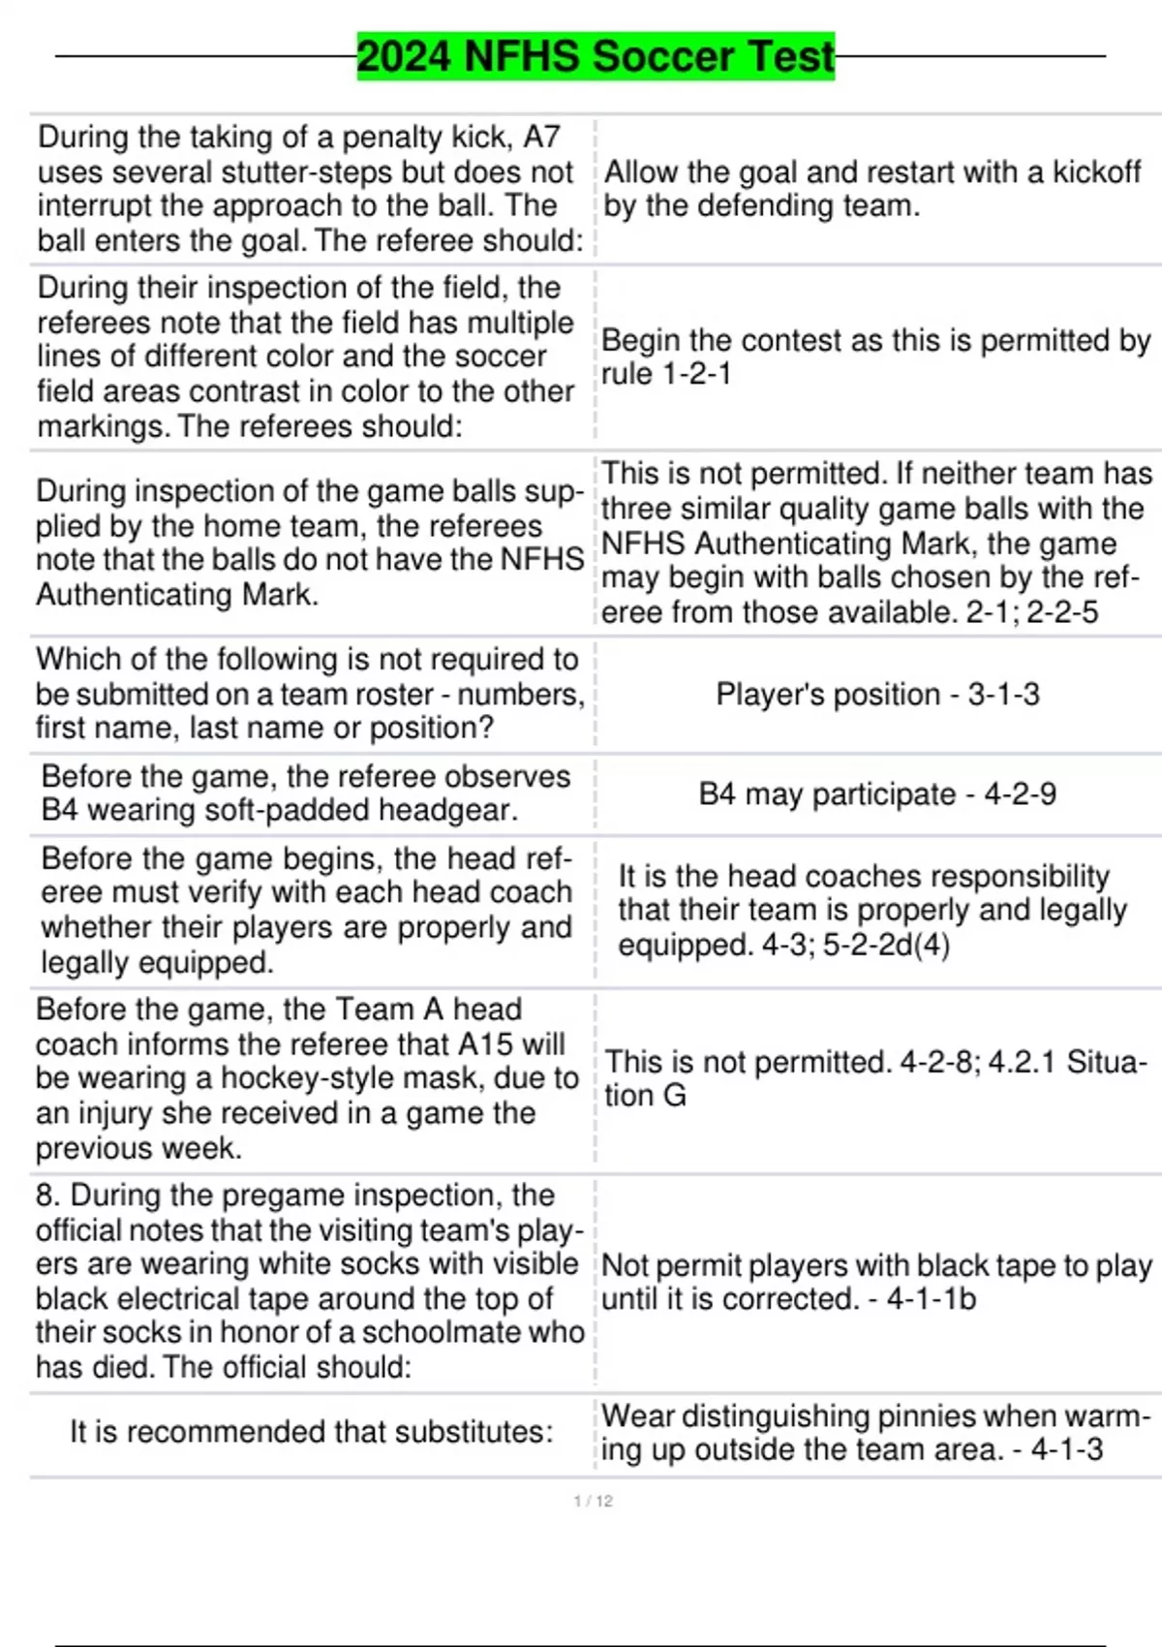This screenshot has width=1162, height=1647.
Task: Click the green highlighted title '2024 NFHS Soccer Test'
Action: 596,56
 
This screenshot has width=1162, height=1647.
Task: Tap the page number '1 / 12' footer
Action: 593,1501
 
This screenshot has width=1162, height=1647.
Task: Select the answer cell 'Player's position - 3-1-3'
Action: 877,694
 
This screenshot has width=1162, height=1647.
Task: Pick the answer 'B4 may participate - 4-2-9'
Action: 877,794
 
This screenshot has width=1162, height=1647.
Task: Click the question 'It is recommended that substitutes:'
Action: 311,1432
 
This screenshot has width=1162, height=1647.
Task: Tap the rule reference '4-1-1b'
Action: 931,1299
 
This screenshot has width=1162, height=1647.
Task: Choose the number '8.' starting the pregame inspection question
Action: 49,1196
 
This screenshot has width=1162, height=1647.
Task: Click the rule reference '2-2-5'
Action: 1062,612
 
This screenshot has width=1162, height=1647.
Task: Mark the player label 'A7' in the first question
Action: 541,137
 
